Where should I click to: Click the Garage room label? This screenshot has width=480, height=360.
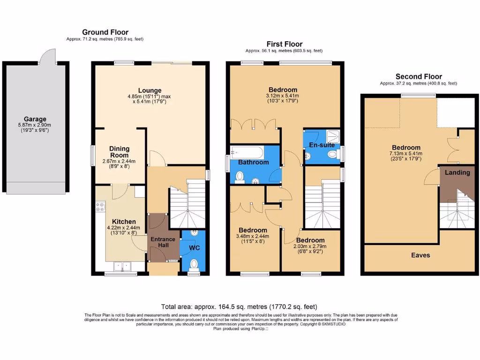[x=35, y=119]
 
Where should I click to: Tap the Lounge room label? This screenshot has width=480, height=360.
[x=150, y=90]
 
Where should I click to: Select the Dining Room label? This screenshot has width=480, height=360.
[x=119, y=152]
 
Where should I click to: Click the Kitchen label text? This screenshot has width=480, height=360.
[x=124, y=222]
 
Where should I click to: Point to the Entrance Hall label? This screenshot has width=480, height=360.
[x=162, y=243]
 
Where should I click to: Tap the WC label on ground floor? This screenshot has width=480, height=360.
[x=194, y=247]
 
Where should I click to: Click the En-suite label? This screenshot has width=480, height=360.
[x=322, y=145]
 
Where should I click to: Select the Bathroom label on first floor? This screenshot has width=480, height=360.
[x=254, y=162]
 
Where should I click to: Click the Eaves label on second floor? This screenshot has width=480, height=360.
[x=420, y=255]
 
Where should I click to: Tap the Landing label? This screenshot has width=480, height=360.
[x=457, y=172]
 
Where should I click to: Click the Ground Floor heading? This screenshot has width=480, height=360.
[x=105, y=32]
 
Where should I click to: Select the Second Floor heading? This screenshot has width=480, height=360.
[x=419, y=76]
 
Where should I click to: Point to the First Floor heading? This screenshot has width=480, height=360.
[x=284, y=44]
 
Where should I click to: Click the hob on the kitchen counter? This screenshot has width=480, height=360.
[x=100, y=207]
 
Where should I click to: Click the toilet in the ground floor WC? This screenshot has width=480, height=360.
[x=194, y=264]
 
